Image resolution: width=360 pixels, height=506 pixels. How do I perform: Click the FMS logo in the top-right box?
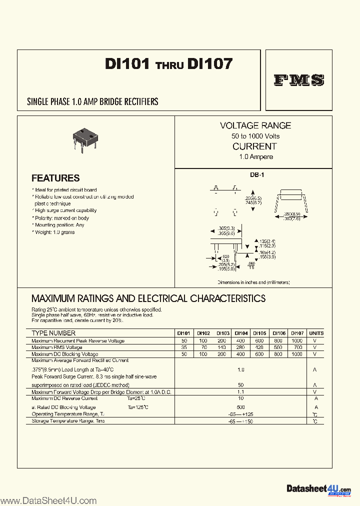299,80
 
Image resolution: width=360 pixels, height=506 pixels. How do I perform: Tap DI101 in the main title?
127,64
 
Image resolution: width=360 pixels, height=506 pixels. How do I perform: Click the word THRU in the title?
169,65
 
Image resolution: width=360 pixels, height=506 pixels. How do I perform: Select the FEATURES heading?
55,178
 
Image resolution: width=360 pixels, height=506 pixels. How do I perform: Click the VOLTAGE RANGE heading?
255,125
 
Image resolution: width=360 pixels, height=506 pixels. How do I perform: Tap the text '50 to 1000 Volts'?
255,136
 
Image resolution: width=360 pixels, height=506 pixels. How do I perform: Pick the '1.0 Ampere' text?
255,157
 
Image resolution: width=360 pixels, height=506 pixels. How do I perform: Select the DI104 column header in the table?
241,333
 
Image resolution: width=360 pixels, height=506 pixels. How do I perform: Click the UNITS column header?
316,333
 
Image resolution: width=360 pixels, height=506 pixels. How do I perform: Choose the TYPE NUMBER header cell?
53,333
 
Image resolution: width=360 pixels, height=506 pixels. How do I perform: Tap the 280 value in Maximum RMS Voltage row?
241,347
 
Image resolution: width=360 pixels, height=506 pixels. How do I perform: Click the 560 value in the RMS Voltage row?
278,347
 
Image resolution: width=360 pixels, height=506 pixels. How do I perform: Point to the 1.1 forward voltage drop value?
241,392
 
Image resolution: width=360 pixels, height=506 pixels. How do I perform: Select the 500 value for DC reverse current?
241,407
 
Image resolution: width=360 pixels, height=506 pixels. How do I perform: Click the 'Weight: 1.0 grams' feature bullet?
54,232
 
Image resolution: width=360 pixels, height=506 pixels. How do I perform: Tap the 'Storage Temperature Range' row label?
68,421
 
